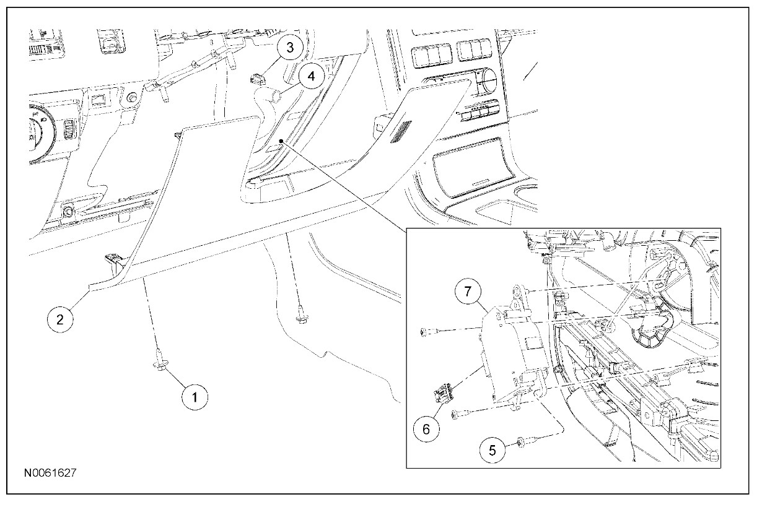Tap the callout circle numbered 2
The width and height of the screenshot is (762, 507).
[59, 319]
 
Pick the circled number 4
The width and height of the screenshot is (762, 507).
[311, 77]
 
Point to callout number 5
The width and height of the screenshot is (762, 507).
[493, 450]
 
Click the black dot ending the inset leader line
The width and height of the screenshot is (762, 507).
[281, 141]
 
